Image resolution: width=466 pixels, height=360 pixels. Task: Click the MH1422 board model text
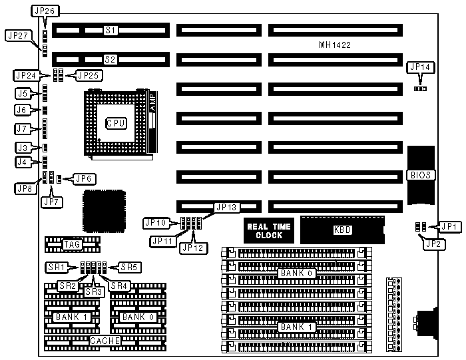(335, 45)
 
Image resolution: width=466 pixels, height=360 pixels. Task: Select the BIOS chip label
(422, 176)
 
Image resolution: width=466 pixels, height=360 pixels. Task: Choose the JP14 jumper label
(421, 67)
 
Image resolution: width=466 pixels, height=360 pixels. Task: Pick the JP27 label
(16, 35)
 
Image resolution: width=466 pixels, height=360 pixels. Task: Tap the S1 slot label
(111, 30)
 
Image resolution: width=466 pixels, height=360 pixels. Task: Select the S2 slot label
(111, 59)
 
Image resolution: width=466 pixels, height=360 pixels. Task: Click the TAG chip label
(71, 245)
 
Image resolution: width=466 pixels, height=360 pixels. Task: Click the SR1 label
(55, 268)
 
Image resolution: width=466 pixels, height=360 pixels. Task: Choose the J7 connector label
(21, 128)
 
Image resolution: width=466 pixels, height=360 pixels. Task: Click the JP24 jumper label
(25, 75)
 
